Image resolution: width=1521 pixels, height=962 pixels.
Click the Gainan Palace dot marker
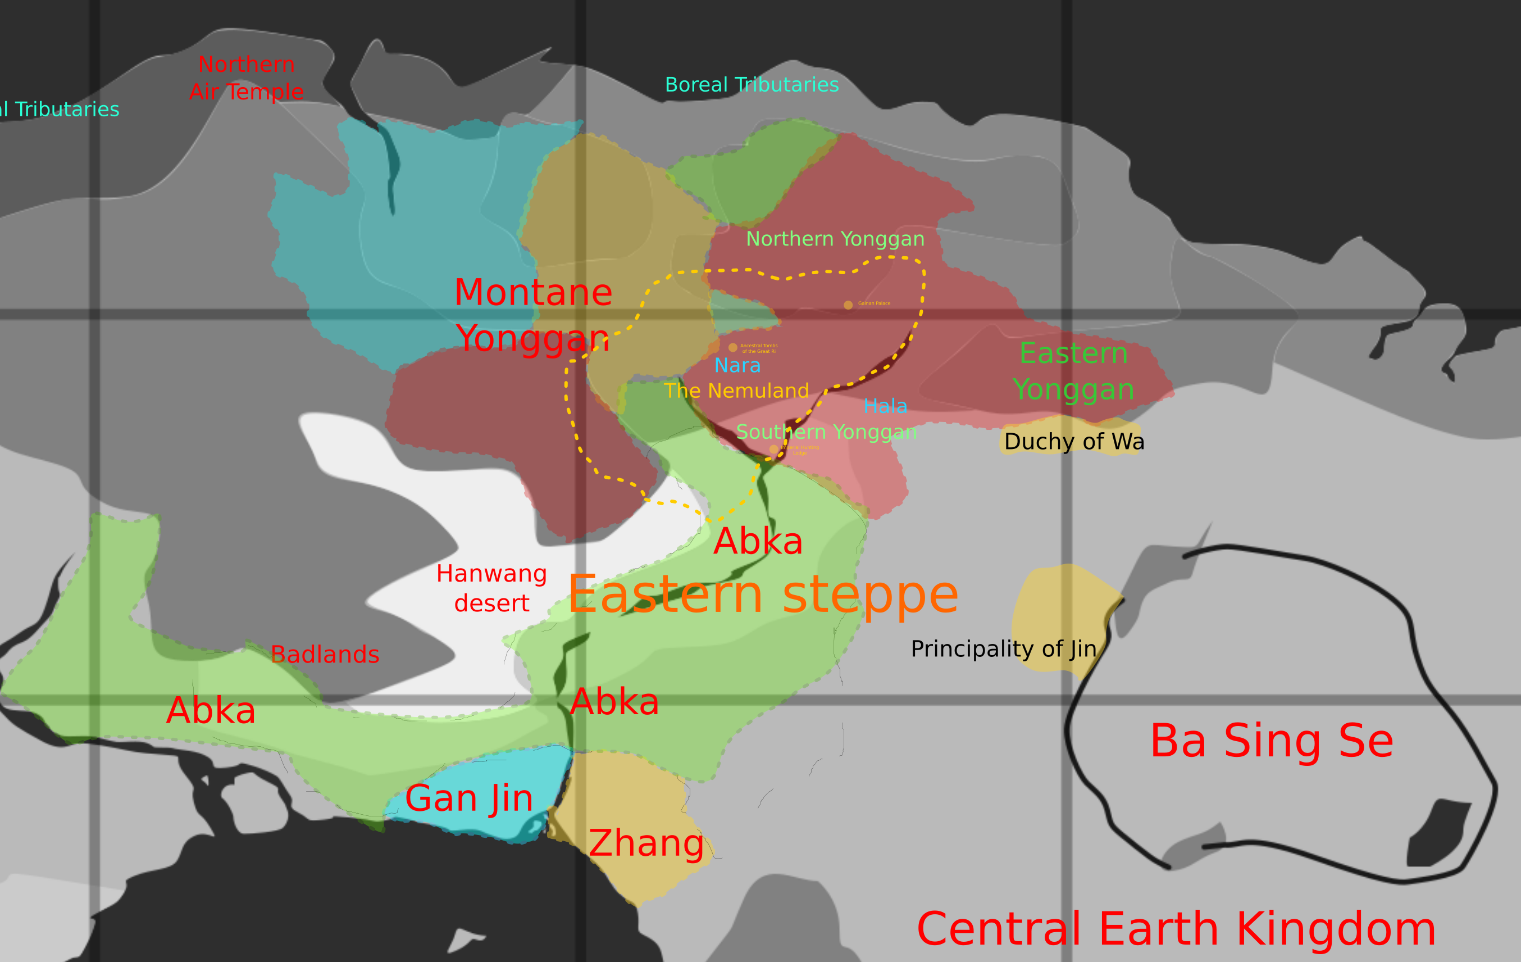pyautogui.click(x=848, y=305)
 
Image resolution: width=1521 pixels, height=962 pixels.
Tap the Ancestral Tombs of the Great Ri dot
pyautogui.click(x=733, y=347)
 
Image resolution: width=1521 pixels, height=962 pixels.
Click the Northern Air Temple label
pyautogui.click(x=247, y=78)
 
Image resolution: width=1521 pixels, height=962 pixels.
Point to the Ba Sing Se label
pyautogui.click(x=1272, y=741)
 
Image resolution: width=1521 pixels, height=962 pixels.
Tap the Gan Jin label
pyautogui.click(x=468, y=798)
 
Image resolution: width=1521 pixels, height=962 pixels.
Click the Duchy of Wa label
pyautogui.click(x=1074, y=441)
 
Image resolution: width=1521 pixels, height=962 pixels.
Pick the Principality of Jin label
pyautogui.click(x=1003, y=648)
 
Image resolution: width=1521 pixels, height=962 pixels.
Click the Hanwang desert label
pyautogui.click(x=491, y=588)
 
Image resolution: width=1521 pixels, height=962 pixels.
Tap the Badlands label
pyautogui.click(x=325, y=654)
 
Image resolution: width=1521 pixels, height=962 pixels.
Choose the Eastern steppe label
pyautogui.click(x=762, y=594)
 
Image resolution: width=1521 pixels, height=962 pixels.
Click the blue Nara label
pyautogui.click(x=737, y=365)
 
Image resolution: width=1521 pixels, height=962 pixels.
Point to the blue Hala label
pyautogui.click(x=885, y=406)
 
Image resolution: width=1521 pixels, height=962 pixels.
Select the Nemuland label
pyautogui.click(x=736, y=391)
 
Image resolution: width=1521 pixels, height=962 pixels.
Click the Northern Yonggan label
pyautogui.click(x=835, y=239)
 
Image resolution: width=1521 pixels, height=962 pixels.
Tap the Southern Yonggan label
pyautogui.click(x=826, y=432)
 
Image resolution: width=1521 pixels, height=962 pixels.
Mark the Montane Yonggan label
pyautogui.click(x=533, y=315)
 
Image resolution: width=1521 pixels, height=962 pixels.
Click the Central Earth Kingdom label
pyautogui.click(x=1176, y=929)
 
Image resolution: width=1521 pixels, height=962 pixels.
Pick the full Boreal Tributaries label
pyautogui.click(x=752, y=85)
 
